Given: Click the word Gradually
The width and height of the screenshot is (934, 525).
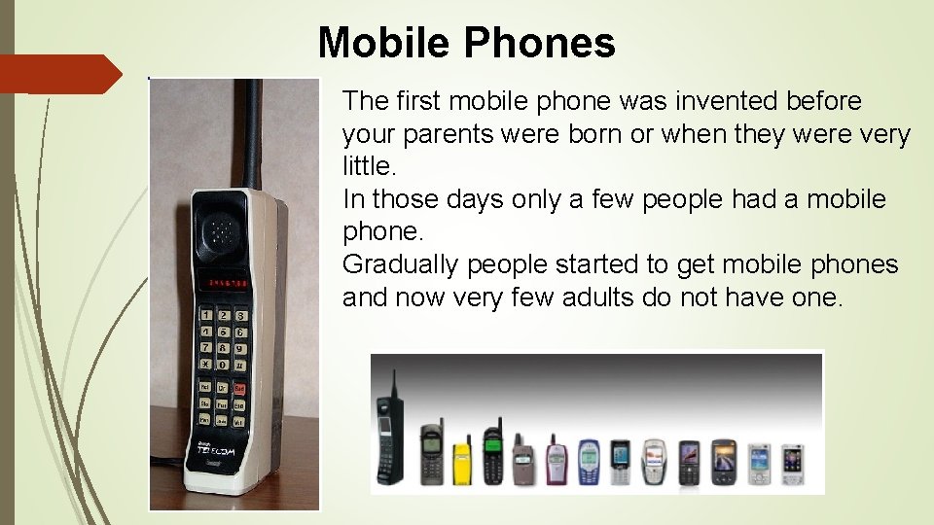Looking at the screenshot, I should pos(400,264).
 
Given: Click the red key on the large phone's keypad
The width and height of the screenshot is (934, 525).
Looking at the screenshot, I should pos(238,387).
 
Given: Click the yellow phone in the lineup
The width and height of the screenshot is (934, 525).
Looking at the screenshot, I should pos(462,461).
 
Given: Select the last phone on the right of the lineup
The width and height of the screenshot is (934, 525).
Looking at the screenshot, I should pos(794,464).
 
